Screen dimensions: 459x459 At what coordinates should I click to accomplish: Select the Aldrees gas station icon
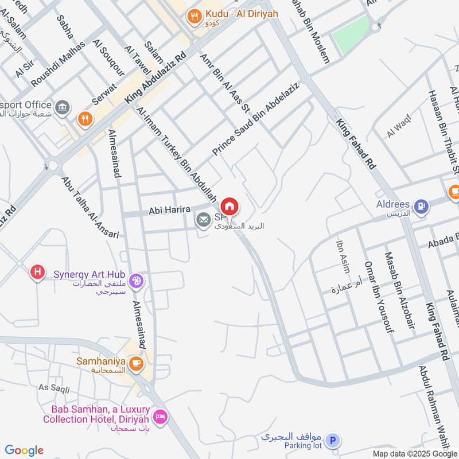point(421,207)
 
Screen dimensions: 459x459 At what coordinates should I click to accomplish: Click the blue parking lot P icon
point(332,441)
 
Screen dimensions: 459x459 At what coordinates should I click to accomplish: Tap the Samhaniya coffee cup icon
point(136,363)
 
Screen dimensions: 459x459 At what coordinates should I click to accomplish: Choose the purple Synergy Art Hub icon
point(137,281)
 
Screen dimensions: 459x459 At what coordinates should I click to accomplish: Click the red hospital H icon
point(37,272)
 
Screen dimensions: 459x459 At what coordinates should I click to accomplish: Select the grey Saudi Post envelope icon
point(203,220)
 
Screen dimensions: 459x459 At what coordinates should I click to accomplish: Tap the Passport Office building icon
point(63,106)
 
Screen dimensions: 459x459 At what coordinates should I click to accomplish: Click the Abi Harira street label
point(169,210)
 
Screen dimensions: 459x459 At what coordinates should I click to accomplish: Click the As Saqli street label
point(54,388)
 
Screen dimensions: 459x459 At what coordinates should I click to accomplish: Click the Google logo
point(24,450)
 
